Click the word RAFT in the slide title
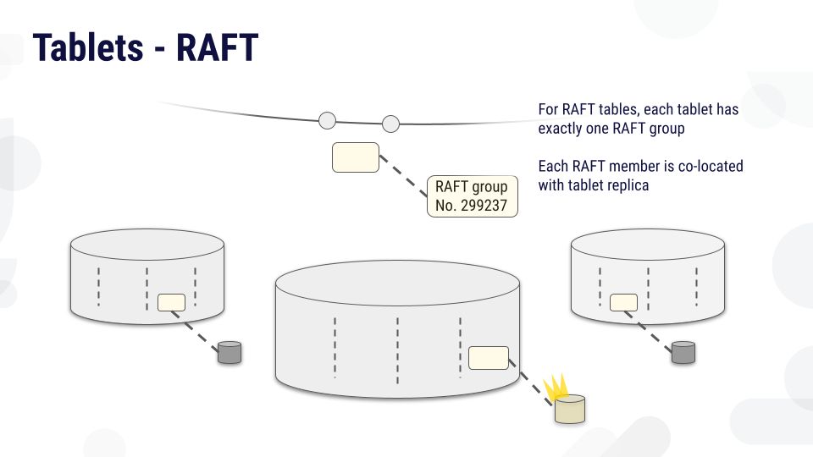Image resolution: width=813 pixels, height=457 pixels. click(216, 48)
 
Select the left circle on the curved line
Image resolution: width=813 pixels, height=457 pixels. click(327, 120)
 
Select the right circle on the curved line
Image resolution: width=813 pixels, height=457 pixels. click(390, 124)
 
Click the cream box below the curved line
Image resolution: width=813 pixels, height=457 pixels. click(355, 157)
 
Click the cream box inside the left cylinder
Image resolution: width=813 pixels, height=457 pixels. click(171, 302)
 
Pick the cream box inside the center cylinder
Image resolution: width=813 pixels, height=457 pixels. click(489, 358)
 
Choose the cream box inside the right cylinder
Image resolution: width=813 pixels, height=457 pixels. click(623, 302)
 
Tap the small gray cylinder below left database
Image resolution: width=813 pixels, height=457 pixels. click(230, 352)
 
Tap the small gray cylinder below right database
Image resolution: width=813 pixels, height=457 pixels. click(683, 352)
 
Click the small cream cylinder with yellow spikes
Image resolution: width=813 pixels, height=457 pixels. click(570, 410)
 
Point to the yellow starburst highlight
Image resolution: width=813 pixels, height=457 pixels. click(555, 388)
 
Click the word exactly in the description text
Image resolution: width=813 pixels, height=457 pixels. click(561, 129)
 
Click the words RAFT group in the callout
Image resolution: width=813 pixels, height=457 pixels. click(471, 187)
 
